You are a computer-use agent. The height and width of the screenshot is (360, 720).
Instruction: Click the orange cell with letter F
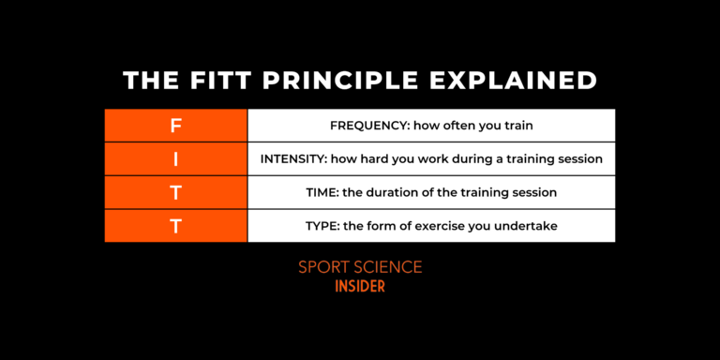pyautogui.click(x=175, y=126)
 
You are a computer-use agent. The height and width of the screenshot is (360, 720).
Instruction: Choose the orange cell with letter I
pyautogui.click(x=175, y=159)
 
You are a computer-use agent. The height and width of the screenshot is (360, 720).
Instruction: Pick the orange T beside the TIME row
pyautogui.click(x=175, y=192)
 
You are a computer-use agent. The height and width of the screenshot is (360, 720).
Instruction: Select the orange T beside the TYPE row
pyautogui.click(x=175, y=226)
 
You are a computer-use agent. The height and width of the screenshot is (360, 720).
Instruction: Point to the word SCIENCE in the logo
pyautogui.click(x=388, y=267)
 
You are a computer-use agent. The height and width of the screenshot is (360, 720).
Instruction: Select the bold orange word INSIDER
pyautogui.click(x=360, y=287)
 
